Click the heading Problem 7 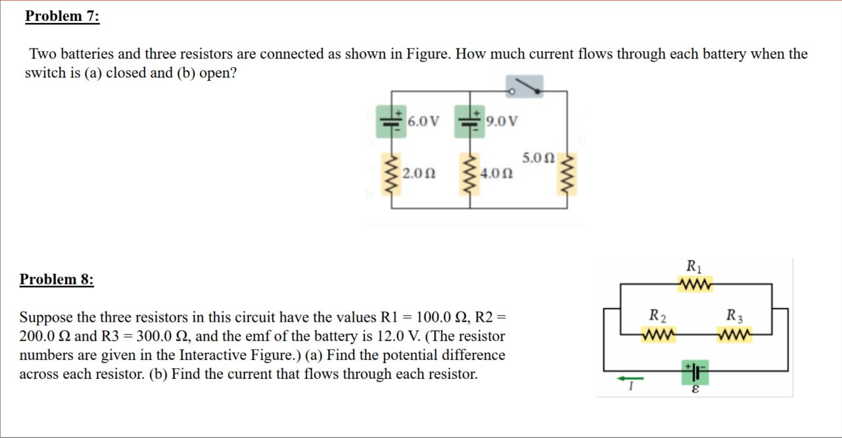click(x=62, y=16)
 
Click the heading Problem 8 click(x=57, y=279)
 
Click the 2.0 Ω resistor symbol click(x=393, y=174)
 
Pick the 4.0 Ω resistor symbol click(x=470, y=174)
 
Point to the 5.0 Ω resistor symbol click(x=567, y=174)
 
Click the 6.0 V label click(x=423, y=121)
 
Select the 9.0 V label click(x=502, y=121)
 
